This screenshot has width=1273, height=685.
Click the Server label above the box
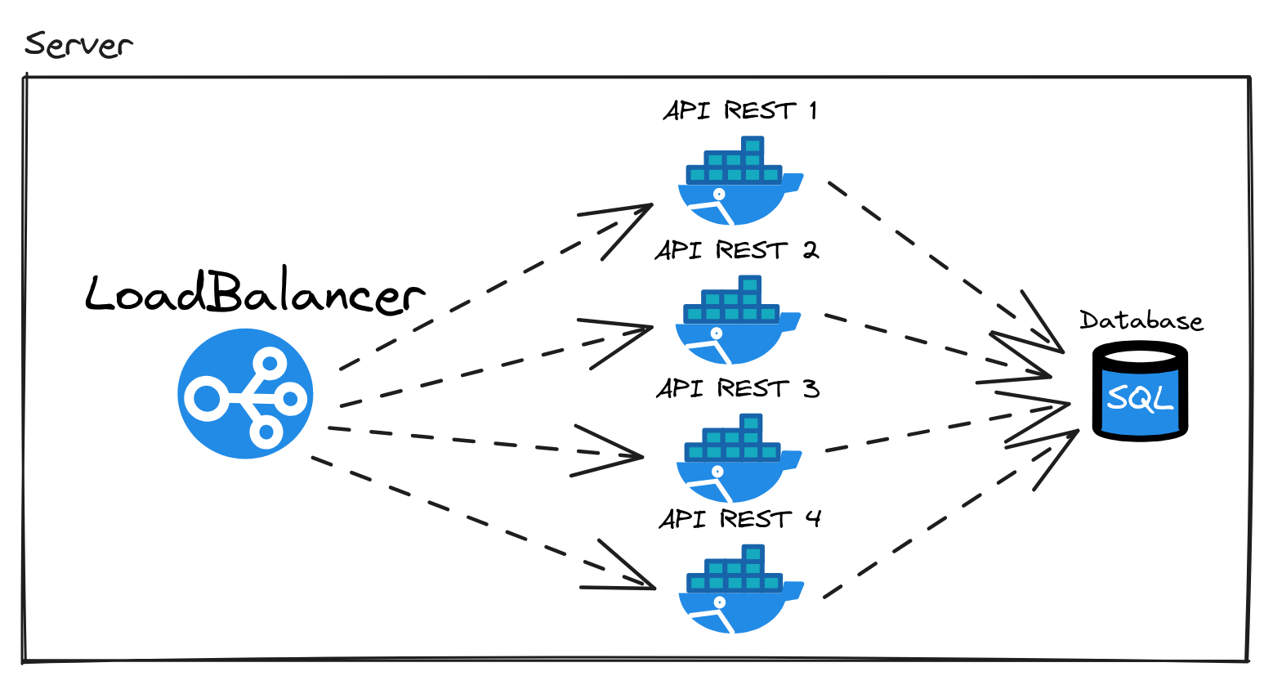click(78, 44)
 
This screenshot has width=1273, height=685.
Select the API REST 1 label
click(739, 110)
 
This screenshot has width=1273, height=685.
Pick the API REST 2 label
click(736, 249)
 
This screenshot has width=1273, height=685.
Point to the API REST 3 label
click(737, 387)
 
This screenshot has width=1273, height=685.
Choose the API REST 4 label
click(739, 518)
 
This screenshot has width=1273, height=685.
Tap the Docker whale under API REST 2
click(735, 322)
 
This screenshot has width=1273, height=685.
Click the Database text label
click(1141, 320)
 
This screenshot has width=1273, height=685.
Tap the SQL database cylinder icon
click(1141, 392)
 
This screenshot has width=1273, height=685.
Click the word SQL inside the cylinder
click(1140, 398)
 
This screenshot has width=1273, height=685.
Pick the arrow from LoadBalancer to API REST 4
click(482, 523)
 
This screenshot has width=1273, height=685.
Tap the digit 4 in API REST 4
click(812, 518)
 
